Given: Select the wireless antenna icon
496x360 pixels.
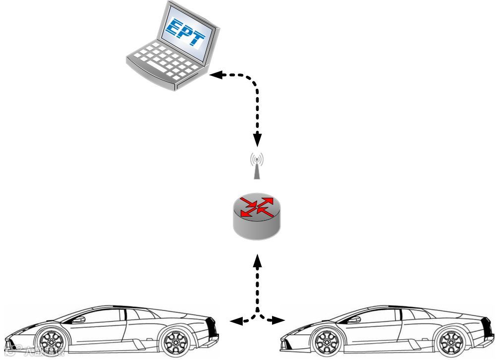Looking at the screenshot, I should [x=257, y=166].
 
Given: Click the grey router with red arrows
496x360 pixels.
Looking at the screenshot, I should [x=257, y=216].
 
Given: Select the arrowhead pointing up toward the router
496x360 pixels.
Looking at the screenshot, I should [x=257, y=260].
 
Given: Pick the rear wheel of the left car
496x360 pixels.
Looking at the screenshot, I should [x=176, y=342].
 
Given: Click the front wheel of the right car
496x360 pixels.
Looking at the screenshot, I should [x=327, y=342].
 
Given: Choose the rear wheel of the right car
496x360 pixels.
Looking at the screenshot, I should [x=451, y=342].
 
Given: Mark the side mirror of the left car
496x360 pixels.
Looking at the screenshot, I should [x=79, y=319].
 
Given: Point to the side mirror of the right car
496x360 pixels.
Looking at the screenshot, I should [x=355, y=319].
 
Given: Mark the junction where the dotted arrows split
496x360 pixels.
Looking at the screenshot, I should [x=257, y=314].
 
